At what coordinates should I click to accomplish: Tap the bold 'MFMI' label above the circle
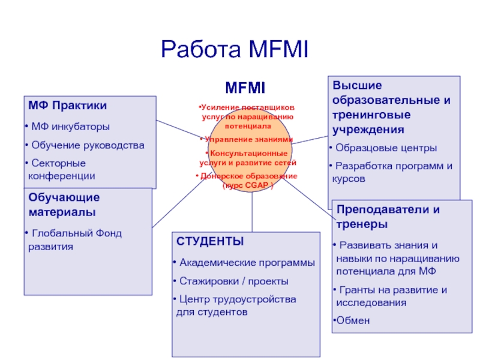click(x=245, y=88)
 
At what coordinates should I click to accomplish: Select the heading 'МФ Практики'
click(x=68, y=106)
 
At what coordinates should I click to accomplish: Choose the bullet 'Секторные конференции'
click(x=60, y=169)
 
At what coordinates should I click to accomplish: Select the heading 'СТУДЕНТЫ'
click(x=210, y=241)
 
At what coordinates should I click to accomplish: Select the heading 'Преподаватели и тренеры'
click(x=388, y=217)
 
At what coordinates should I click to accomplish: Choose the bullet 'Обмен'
click(x=353, y=320)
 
